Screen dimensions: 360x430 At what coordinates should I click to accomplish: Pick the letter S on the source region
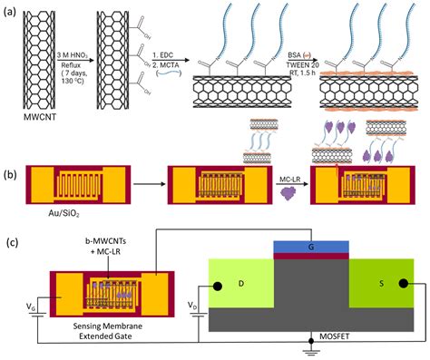click(x=372, y=285)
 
